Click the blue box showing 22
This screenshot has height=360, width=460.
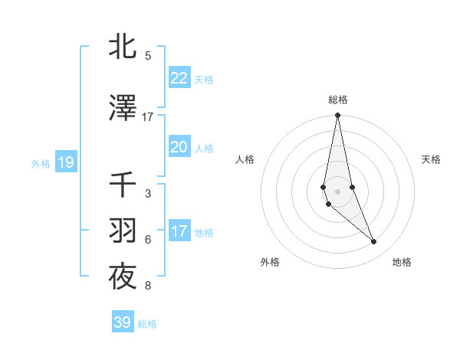point(179,78)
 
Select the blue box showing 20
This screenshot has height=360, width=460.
point(179,147)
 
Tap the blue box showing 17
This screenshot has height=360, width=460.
point(179,231)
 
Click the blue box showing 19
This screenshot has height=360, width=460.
point(65,162)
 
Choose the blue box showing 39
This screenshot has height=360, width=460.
point(122,322)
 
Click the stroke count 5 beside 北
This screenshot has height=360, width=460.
point(148,56)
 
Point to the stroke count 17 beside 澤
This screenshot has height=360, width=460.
point(148,117)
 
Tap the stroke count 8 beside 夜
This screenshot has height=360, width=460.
point(148,286)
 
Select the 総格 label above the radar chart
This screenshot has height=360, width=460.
point(337,100)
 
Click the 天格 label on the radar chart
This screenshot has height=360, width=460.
point(432,159)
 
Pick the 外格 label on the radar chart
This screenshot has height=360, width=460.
point(270,262)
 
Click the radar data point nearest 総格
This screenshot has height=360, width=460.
point(337,116)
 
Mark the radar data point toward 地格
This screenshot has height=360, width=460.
point(374,242)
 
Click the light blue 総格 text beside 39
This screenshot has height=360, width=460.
point(147,324)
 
